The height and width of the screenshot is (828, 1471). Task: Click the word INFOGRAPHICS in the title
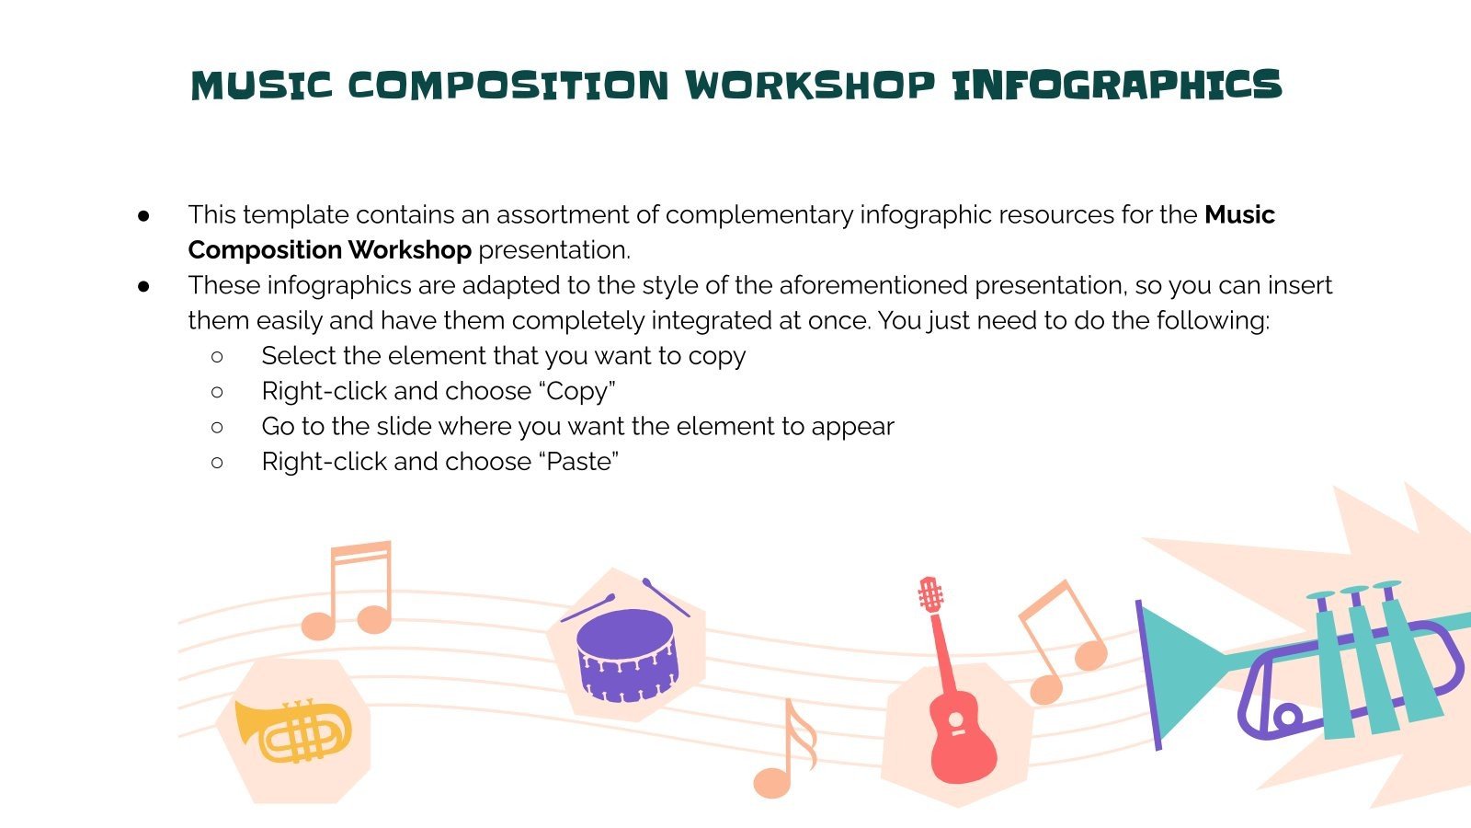(1116, 86)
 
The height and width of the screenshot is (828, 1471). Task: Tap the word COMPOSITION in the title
(507, 86)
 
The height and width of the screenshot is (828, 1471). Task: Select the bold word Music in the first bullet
(1239, 214)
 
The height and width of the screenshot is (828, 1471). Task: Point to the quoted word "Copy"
(576, 391)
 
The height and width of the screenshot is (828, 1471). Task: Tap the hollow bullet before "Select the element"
(217, 356)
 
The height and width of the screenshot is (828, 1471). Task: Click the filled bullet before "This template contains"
(143, 215)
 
